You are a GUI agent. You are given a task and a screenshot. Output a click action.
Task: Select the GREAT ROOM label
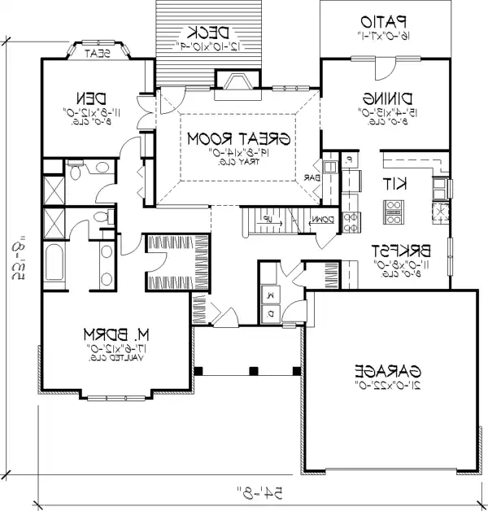(239, 139)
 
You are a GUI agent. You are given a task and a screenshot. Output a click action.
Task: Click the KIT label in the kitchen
(396, 184)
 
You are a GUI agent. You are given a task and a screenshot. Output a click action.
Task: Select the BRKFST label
(397, 250)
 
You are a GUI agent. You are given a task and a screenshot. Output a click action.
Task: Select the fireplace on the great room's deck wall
(237, 81)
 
